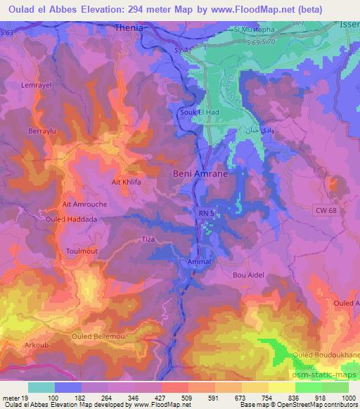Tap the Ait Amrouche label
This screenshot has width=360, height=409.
(82, 204)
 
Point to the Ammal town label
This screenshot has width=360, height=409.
(200, 261)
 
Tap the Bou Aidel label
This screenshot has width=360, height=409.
(249, 275)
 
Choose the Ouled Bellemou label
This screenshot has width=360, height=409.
(99, 338)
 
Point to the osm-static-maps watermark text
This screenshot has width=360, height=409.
(326, 379)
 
